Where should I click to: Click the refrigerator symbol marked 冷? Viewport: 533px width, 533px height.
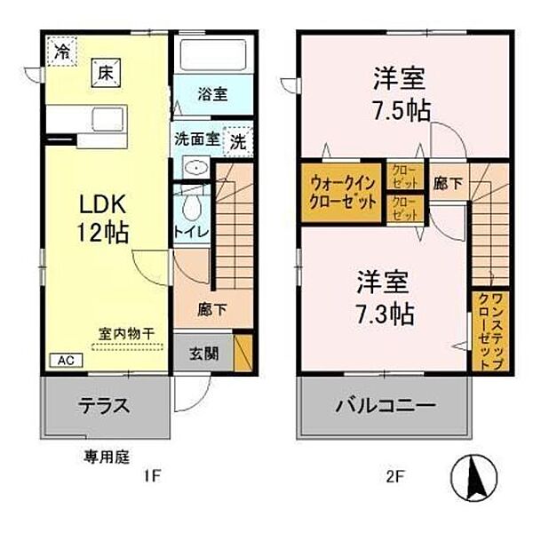pyautogui.click(x=61, y=52)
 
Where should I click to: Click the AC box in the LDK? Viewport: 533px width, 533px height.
pyautogui.click(x=66, y=360)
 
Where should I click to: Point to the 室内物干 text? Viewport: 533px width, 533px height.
pyautogui.click(x=125, y=333)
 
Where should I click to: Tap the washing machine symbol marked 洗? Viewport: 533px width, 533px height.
pyautogui.click(x=239, y=140)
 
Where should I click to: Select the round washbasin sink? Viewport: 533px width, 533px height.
pyautogui.click(x=195, y=169)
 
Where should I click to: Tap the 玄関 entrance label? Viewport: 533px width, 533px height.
pyautogui.click(x=202, y=352)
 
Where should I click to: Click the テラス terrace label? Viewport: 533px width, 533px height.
pyautogui.click(x=107, y=406)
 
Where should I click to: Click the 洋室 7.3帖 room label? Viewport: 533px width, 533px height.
pyautogui.click(x=383, y=298)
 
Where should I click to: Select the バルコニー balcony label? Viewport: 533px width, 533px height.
pyautogui.click(x=385, y=406)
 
